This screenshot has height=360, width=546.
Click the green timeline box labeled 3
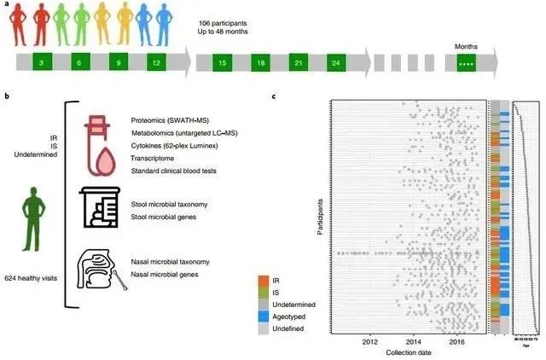click(x=42, y=63)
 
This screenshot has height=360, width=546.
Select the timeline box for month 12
click(x=154, y=63)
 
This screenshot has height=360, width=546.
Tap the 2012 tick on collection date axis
click(x=370, y=342)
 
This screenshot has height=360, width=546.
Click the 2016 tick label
click(x=457, y=342)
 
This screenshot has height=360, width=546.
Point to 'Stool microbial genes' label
click(x=166, y=218)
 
